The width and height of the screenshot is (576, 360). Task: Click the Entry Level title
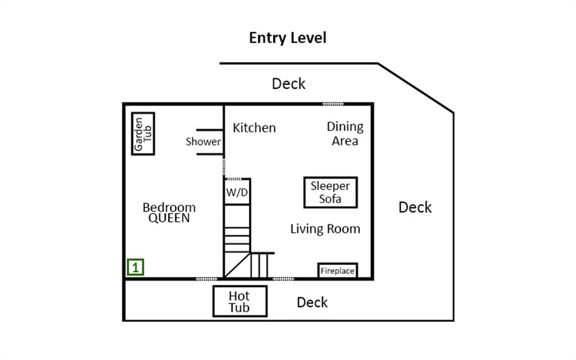point(288,38)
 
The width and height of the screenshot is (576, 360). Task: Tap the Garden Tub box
point(143,134)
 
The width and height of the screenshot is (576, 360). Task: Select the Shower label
point(203,142)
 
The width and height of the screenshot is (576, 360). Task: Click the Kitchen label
point(254,128)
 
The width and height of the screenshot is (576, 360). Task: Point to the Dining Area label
point(345,134)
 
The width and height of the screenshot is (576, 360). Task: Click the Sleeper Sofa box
point(331,192)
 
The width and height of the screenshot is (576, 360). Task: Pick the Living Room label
point(325,229)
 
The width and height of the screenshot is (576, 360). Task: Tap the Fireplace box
point(337,270)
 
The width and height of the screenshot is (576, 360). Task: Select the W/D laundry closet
point(237,192)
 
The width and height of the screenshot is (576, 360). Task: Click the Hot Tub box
point(240,301)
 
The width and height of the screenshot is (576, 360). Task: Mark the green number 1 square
point(135,267)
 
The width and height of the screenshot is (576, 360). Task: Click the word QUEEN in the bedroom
point(169,218)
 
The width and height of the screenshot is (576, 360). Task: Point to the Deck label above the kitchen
point(288,84)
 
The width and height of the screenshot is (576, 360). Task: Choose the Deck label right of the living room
point(415,207)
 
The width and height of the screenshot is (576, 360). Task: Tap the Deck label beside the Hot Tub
point(312,302)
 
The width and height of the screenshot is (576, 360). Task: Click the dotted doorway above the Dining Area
point(333,104)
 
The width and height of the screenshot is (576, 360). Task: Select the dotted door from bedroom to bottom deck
point(207,279)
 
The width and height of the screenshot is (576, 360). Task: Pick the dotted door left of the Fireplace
point(283,279)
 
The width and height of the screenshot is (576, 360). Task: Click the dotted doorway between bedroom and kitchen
point(224,166)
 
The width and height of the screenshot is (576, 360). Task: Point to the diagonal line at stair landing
point(237,265)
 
